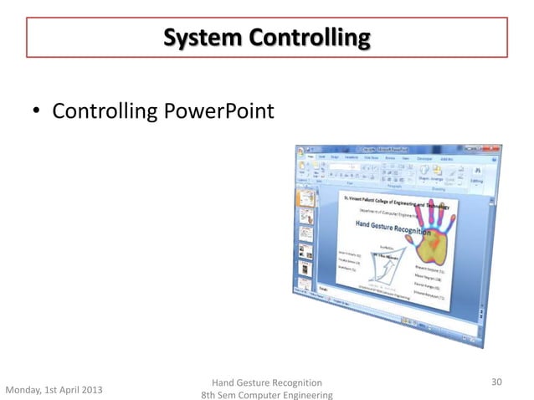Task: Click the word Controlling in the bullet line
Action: coord(104,110)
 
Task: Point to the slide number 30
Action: coord(496,382)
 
